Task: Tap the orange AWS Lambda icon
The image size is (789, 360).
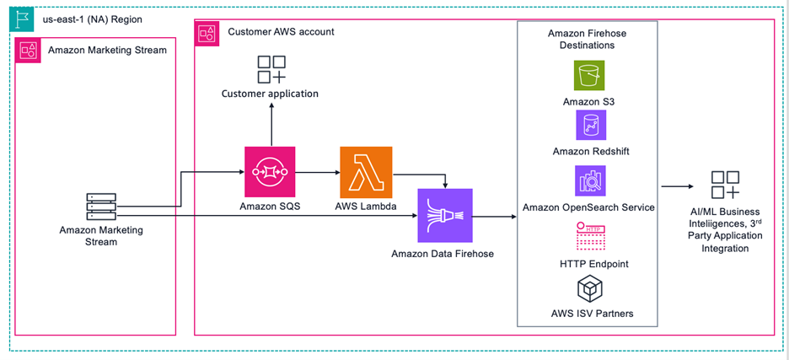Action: pos(366,172)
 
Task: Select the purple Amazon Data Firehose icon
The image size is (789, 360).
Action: pos(445,215)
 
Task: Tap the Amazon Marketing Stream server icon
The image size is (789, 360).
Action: pos(101,207)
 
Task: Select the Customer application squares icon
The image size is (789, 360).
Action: pos(271,69)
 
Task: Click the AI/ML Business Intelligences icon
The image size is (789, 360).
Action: pos(724,185)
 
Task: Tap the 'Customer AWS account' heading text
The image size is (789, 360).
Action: pos(281,31)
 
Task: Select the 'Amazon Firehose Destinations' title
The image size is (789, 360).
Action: pos(587,39)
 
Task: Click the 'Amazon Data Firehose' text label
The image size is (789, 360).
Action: pos(443,253)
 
